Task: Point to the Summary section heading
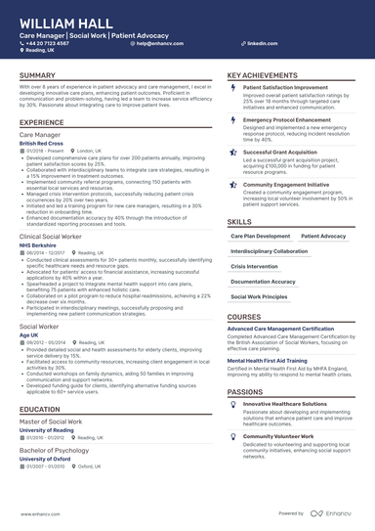pyautogui.click(x=37, y=75)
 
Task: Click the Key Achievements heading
pyautogui.click(x=263, y=75)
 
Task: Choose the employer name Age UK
pyautogui.click(x=28, y=334)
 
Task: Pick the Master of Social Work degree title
pyautogui.click(x=52, y=420)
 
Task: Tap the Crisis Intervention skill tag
pyautogui.click(x=254, y=266)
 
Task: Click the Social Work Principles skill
pyautogui.click(x=261, y=295)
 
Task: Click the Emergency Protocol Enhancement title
pyautogui.click(x=287, y=119)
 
